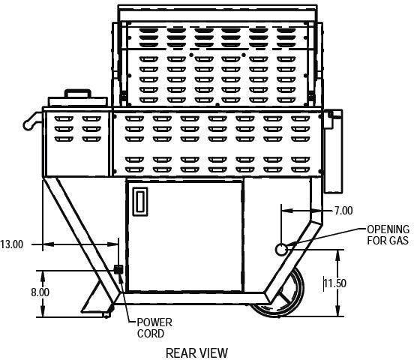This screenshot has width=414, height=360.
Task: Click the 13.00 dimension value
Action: [12, 244]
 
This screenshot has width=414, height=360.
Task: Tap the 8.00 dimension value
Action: [40, 292]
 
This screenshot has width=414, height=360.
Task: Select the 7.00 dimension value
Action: [343, 211]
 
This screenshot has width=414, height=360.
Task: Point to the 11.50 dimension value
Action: [334, 283]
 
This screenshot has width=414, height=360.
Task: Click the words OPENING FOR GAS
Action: [388, 235]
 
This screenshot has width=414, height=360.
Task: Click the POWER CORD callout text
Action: [154, 328]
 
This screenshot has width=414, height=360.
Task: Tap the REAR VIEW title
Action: [196, 352]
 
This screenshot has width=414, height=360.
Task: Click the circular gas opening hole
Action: [281, 249]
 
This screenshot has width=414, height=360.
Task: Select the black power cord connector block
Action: [118, 270]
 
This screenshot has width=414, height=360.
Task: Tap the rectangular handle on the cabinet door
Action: [140, 202]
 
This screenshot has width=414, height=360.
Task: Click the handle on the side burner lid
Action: [78, 93]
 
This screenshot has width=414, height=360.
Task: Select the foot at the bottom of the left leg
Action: [106, 314]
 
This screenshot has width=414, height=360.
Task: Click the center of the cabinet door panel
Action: [184, 235]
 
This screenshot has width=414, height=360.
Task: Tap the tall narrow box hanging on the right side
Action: [333, 151]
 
